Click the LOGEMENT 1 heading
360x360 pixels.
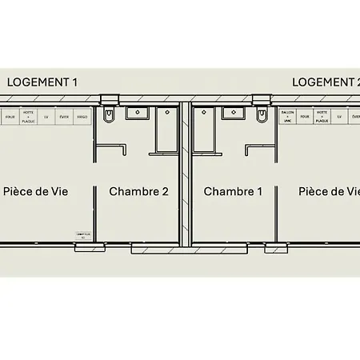42,82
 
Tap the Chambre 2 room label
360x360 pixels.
139,191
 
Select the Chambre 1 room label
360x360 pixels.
233,191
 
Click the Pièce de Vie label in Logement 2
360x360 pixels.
329,191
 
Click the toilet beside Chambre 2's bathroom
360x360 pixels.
109,117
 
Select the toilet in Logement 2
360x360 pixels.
262,117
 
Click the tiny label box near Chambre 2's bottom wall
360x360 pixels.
82,235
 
